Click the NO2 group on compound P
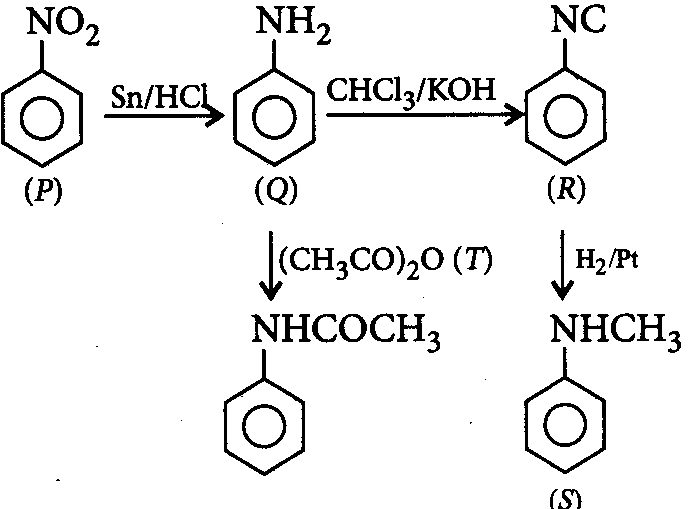(x=63, y=25)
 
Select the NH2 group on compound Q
(x=293, y=25)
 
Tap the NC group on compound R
(x=578, y=19)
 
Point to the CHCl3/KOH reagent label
(x=411, y=92)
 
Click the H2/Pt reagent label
(x=606, y=261)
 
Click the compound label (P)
(x=43, y=191)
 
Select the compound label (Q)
(x=276, y=191)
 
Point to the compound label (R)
(x=566, y=190)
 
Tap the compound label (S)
(x=566, y=500)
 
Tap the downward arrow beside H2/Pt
(x=562, y=265)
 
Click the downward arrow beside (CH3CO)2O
(x=270, y=265)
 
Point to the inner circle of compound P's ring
(x=42, y=98)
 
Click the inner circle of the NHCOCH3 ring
(x=264, y=406)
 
